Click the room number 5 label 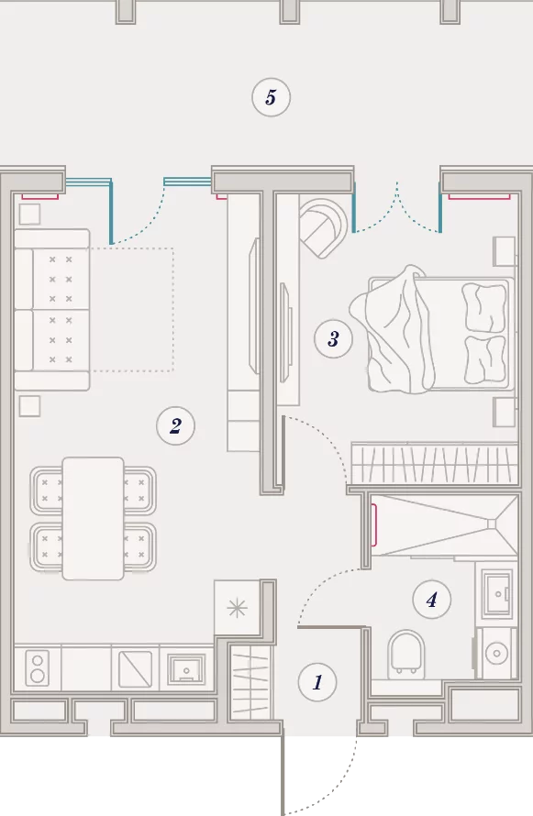click(271, 97)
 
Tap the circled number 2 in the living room click(175, 425)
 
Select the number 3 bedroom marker click(333, 339)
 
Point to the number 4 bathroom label click(431, 600)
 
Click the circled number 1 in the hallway click(317, 682)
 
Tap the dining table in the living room click(94, 518)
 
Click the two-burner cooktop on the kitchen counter click(37, 667)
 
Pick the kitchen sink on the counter click(186, 668)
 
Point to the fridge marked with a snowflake click(238, 607)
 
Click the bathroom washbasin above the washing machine click(497, 593)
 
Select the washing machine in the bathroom click(497, 653)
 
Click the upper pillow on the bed click(484, 307)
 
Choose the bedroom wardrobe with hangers click(435, 463)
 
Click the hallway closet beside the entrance click(250, 683)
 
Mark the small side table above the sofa click(29, 214)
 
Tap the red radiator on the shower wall click(373, 525)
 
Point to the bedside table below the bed click(505, 413)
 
